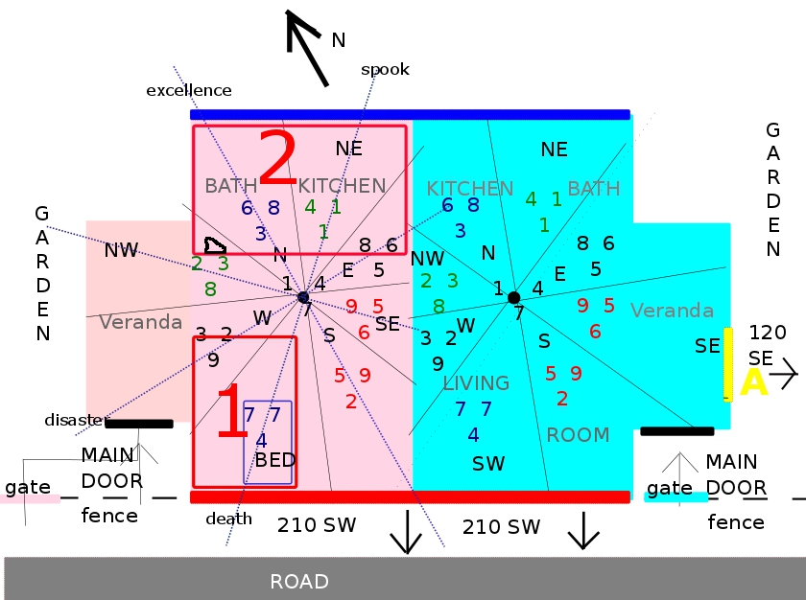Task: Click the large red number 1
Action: click(232, 413)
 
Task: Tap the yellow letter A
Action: click(754, 381)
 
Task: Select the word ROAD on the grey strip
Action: click(299, 581)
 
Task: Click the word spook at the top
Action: click(385, 69)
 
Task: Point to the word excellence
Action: click(189, 90)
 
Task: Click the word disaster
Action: click(74, 420)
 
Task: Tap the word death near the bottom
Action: click(228, 519)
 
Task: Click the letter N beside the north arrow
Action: click(338, 39)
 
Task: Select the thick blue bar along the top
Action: click(410, 114)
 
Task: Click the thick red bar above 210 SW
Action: click(410, 496)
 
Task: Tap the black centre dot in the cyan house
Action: click(513, 297)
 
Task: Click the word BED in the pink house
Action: click(275, 460)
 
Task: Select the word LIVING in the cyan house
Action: click(476, 382)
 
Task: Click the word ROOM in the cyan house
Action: click(578, 434)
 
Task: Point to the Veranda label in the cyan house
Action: click(672, 311)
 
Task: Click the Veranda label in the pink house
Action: click(141, 322)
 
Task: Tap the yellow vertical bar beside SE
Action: click(727, 364)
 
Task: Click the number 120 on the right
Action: click(768, 333)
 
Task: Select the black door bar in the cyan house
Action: click(676, 431)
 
